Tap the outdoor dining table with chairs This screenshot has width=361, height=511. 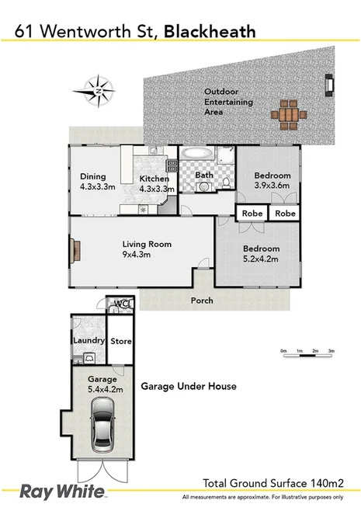pyautogui.click(x=287, y=112)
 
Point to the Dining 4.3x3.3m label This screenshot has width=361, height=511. pyautogui.click(x=97, y=182)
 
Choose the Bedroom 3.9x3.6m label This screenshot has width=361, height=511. pyautogui.click(x=272, y=180)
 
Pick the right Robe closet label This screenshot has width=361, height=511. pyautogui.click(x=285, y=212)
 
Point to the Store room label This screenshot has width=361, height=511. pyautogui.click(x=121, y=341)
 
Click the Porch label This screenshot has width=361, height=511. pyautogui.click(x=203, y=300)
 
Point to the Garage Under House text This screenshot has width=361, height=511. pyautogui.click(x=188, y=386)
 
